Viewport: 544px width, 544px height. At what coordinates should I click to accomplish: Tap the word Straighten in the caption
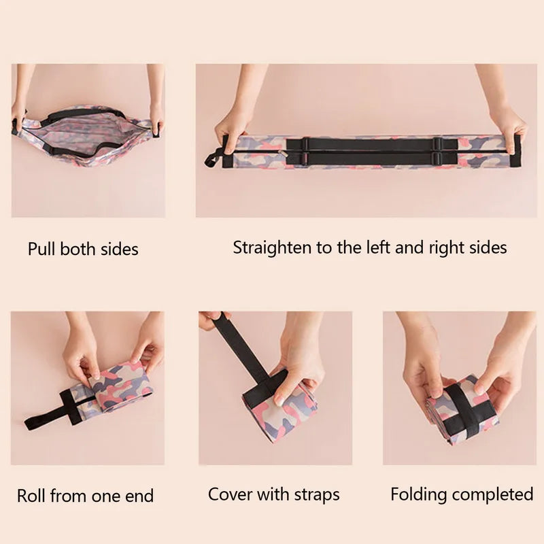[271, 248]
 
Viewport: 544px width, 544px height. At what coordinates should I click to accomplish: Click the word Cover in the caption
[230, 494]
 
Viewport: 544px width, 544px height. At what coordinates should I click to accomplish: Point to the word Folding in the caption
[418, 495]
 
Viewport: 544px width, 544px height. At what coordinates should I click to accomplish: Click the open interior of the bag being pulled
[87, 132]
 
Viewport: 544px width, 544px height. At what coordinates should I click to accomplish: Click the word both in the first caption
[78, 249]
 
